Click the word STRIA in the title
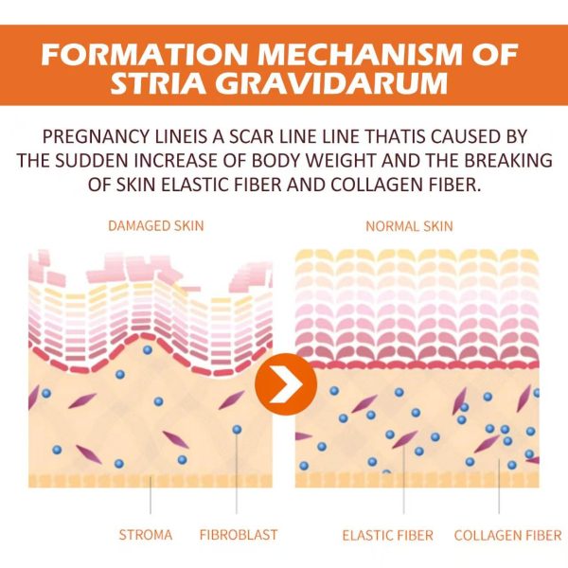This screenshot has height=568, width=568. coord(161,83)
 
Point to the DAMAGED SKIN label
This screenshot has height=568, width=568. coord(156,225)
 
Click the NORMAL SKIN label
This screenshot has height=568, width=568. coord(409,226)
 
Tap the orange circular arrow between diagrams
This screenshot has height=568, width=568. coord(286,384)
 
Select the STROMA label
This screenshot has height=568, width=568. coord(146,535)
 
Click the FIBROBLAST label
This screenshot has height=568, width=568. coord(239,535)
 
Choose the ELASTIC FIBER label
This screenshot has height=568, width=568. coord(387,536)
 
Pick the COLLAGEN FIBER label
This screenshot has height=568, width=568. coord(507,536)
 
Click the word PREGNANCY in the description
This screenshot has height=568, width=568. coord(96,136)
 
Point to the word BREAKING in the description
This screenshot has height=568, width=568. coord(508,161)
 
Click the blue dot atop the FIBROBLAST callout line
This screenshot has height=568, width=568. coord(237,430)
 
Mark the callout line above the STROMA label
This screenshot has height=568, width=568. coord(151,495)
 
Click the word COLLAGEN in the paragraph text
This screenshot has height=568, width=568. coord(377,185)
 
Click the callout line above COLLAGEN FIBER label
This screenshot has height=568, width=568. coord(499,487)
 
